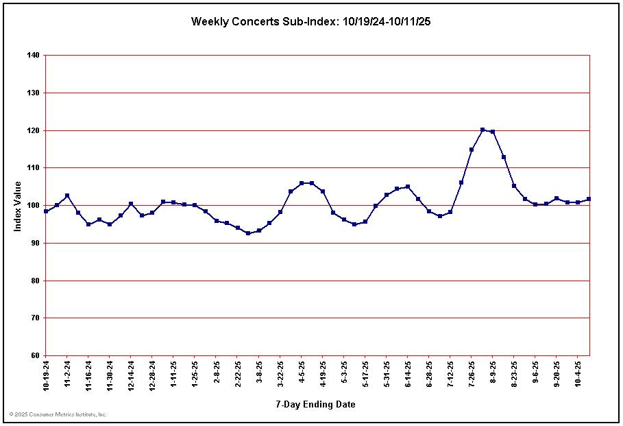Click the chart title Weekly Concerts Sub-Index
(310, 22)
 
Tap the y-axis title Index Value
(18, 206)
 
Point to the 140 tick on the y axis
(32, 55)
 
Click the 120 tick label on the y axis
(32, 130)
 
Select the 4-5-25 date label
(302, 373)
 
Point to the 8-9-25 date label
(493, 373)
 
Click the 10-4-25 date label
(578, 374)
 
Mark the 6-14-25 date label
(408, 375)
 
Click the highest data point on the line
(482, 130)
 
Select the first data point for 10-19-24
(46, 211)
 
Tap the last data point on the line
(589, 199)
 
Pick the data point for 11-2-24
(67, 196)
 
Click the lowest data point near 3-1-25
(248, 233)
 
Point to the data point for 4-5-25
(302, 183)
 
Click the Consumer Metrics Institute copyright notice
(58, 414)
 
